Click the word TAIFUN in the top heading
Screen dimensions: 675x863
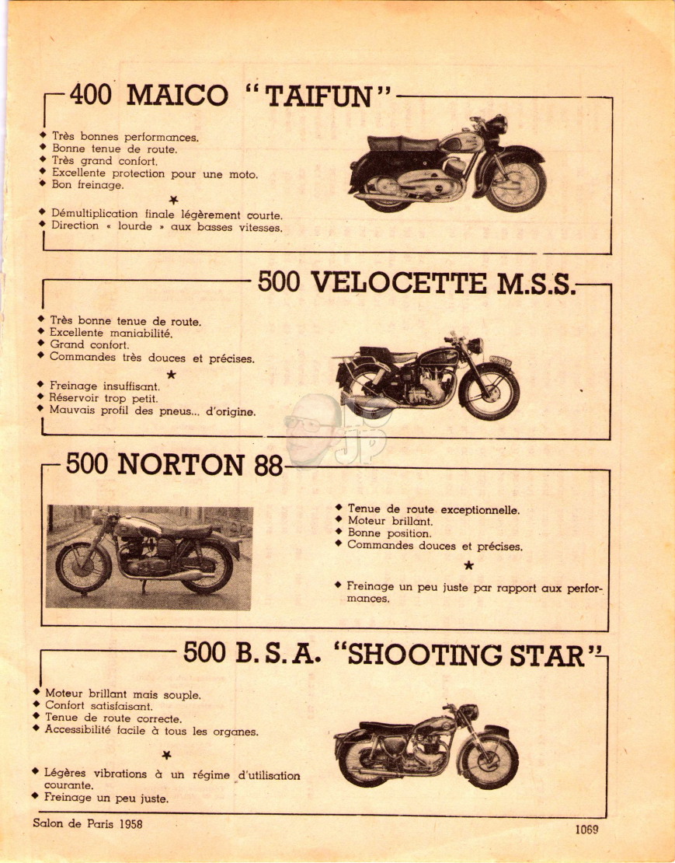click(x=319, y=97)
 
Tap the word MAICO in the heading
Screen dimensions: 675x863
click(x=177, y=95)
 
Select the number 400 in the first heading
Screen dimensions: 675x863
click(x=91, y=95)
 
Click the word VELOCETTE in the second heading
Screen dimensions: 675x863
click(x=399, y=283)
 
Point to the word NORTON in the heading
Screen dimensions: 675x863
click(x=181, y=464)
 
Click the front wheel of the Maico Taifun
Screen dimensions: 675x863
click(x=516, y=183)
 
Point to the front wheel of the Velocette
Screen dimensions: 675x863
click(x=489, y=391)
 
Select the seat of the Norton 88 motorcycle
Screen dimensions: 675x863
click(x=185, y=529)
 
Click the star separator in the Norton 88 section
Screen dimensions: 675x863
click(x=468, y=565)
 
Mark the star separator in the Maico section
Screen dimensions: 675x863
click(x=174, y=200)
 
